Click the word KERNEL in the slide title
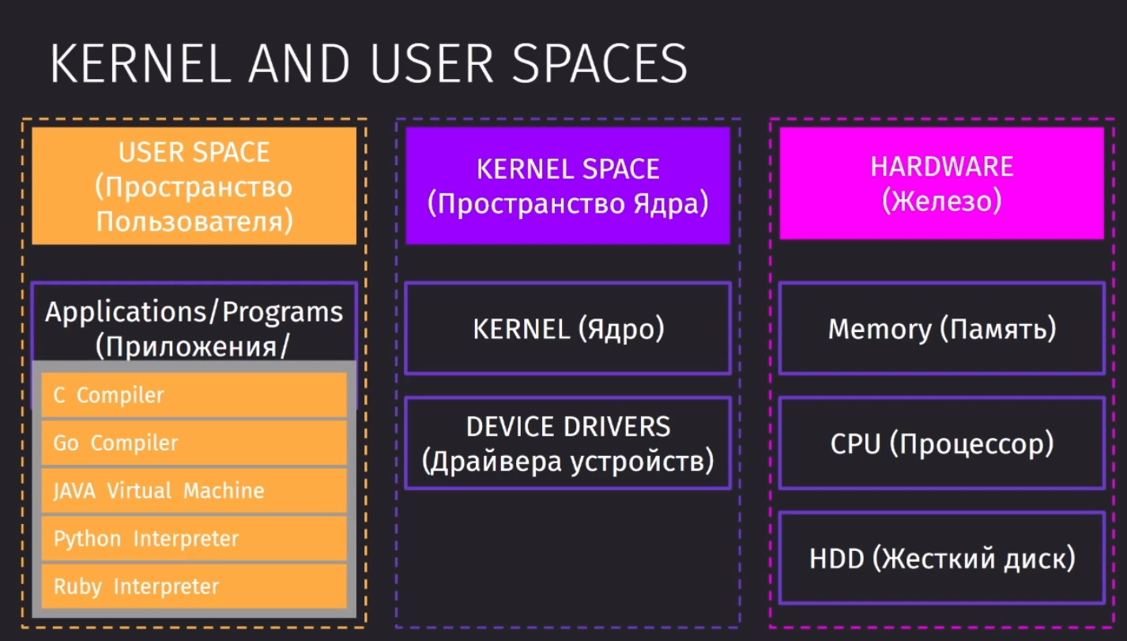tap(141, 64)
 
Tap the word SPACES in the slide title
tap(599, 64)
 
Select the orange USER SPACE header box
tap(194, 186)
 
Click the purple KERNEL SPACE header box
tap(568, 186)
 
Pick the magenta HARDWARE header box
tap(942, 183)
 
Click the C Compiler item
tap(194, 395)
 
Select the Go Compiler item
tap(194, 443)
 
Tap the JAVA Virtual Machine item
tap(194, 491)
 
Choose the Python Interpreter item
tap(194, 538)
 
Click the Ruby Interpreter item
tap(194, 586)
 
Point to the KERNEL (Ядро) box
tap(568, 329)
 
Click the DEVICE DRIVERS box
tap(568, 443)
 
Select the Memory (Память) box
tap(942, 329)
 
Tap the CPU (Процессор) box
tap(942, 443)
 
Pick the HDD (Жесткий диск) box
tap(942, 558)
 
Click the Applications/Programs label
tap(194, 312)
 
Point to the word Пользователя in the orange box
tap(194, 221)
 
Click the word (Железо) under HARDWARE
tap(942, 201)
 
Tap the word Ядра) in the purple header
tap(671, 204)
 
